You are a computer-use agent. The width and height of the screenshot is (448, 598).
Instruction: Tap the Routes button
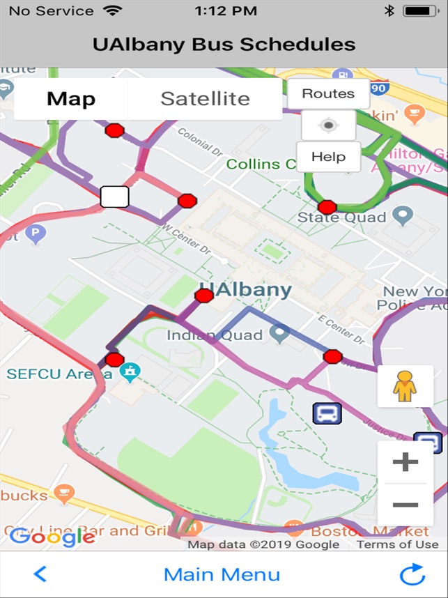coord(328,93)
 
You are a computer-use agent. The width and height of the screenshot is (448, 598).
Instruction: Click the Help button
coord(328,157)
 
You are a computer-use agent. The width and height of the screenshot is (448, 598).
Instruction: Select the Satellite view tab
coord(205,99)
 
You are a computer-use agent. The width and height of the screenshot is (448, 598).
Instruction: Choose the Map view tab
coord(71,99)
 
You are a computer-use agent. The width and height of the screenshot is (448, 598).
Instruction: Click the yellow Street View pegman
coord(404,386)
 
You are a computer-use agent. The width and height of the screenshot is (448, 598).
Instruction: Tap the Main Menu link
coord(222,574)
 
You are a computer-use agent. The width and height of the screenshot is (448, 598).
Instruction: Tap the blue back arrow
coord(40,574)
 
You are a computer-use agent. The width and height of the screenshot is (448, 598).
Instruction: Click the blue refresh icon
coord(412,575)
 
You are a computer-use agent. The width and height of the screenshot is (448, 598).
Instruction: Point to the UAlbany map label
coord(245,291)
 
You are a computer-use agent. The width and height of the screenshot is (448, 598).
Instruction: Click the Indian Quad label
coord(214,335)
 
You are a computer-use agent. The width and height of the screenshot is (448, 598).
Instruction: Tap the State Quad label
coord(341,217)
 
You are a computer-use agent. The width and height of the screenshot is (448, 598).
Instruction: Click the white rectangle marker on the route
coord(114,197)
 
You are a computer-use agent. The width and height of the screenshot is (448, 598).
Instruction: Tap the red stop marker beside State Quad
coord(327,207)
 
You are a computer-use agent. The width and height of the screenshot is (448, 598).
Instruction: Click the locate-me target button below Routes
coord(328,125)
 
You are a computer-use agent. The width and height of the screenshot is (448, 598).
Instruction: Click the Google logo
coord(52,536)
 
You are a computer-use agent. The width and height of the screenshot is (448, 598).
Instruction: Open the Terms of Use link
coord(397,544)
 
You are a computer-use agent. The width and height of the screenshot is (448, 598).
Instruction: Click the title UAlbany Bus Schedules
coord(224,45)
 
